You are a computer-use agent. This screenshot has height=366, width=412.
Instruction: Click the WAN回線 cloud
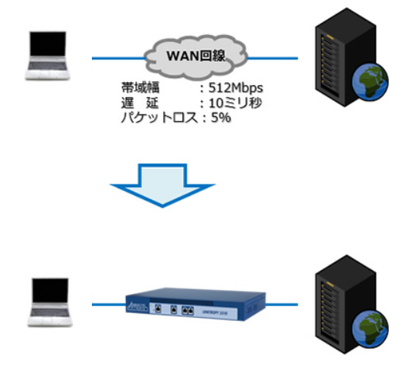coord(194,57)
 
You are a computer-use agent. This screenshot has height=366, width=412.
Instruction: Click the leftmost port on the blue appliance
coord(159,310)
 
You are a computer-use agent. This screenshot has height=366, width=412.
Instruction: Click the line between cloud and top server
coord(273,58)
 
